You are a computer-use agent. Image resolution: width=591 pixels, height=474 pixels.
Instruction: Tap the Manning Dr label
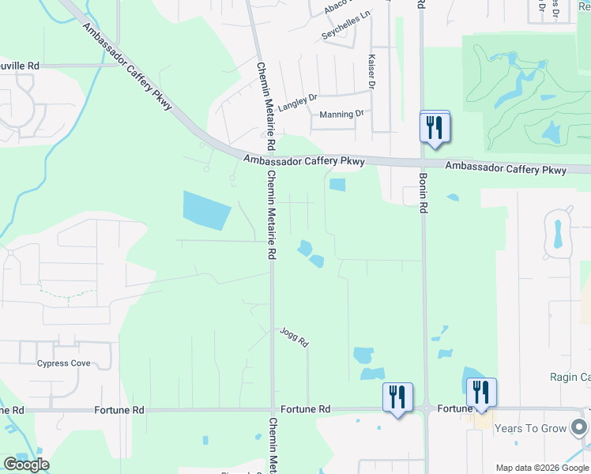point(341,114)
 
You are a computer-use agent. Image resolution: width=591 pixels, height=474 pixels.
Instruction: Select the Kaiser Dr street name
point(371,72)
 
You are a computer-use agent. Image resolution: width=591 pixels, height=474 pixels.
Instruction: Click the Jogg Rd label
point(293,337)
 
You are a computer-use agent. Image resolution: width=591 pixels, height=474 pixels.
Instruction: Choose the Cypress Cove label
point(64,363)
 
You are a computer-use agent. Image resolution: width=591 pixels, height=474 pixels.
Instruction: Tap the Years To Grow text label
point(531,429)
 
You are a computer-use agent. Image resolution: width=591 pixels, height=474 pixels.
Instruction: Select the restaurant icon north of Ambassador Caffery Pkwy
point(434,126)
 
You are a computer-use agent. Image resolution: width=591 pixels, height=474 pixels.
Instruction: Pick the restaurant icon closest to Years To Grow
point(481,393)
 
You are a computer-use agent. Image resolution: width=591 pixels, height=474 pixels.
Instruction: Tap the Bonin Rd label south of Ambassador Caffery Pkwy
point(423,194)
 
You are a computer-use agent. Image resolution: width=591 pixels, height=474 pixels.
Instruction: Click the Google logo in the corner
point(26,465)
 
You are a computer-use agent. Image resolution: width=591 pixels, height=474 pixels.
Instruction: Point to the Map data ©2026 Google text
point(542,468)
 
